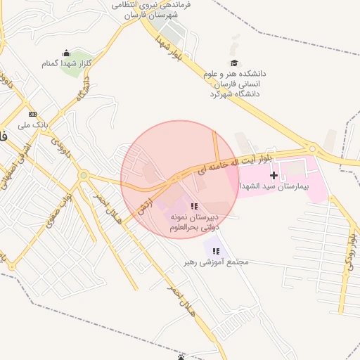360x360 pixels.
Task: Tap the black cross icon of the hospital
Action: [274, 174]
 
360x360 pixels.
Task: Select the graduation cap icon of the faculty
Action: [234, 63]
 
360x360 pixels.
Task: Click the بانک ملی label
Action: [34, 124]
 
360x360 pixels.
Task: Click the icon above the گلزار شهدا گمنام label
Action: [66, 53]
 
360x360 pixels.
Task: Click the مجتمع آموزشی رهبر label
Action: [217, 262]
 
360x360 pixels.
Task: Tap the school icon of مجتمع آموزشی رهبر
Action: [216, 251]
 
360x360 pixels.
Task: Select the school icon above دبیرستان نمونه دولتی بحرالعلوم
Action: [194, 206]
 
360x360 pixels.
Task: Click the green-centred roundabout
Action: [84, 175]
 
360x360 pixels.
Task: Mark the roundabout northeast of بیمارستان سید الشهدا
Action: [311, 149]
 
